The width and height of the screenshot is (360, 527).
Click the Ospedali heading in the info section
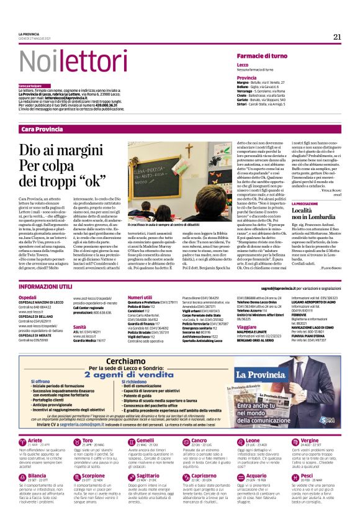[x=28, y=297]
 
